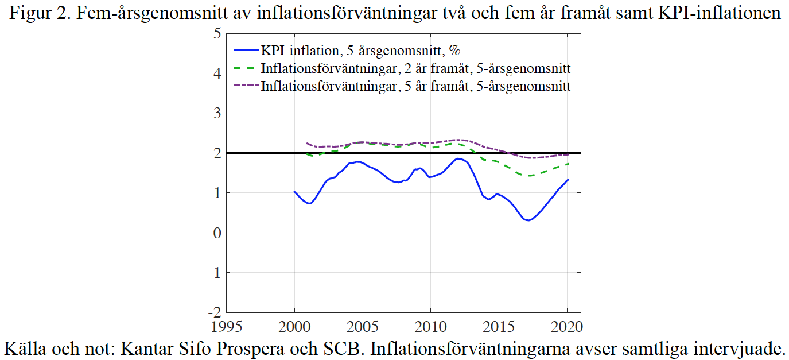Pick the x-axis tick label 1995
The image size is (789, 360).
pyautogui.click(x=227, y=327)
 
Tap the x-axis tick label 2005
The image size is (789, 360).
pyautogui.click(x=363, y=327)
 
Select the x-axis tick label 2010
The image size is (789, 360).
pyautogui.click(x=431, y=327)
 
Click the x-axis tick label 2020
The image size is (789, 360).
pyautogui.click(x=567, y=327)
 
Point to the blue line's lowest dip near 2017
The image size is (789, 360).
pyautogui.click(x=528, y=220)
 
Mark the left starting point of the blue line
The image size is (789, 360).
pyautogui.click(x=294, y=192)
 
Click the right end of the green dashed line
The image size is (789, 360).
pyautogui.click(x=568, y=164)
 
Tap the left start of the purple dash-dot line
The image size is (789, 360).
pyautogui.click(x=307, y=143)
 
